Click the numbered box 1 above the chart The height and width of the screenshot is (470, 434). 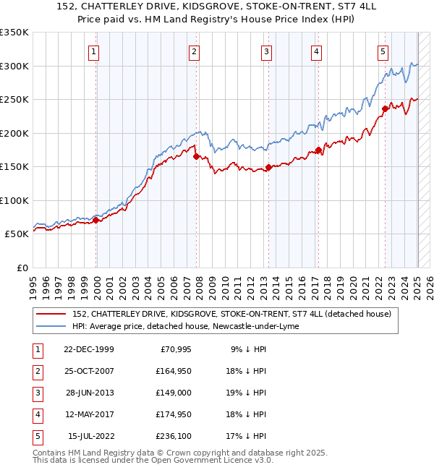95,51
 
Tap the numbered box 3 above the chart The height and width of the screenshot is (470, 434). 267,51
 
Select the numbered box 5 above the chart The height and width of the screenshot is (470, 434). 383,51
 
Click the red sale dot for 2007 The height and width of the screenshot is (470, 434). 196,155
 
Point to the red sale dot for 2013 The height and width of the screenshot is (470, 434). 268,167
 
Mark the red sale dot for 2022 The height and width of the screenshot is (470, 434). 385,109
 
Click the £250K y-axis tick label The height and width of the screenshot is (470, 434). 14,100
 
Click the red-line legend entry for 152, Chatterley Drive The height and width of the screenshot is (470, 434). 231,314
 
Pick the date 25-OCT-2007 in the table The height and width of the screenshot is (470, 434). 88,372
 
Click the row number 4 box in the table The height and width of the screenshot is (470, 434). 36,414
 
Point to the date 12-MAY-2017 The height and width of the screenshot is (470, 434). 88,414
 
